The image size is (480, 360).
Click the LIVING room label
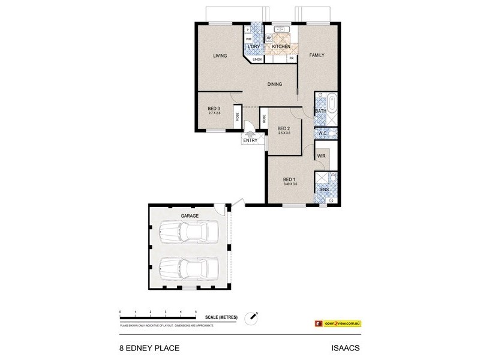(x=220, y=56)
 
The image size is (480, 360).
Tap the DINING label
(x=275, y=85)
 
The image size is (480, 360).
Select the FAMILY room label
(x=316, y=55)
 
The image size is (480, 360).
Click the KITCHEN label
(x=281, y=47)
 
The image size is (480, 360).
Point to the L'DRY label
(x=253, y=47)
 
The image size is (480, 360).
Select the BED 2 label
(x=284, y=128)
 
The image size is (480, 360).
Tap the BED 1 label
(x=289, y=179)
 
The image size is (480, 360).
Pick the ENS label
(x=323, y=190)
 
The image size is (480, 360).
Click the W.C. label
(x=322, y=133)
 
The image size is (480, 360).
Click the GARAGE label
(x=190, y=215)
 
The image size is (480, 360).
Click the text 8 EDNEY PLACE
(x=146, y=347)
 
